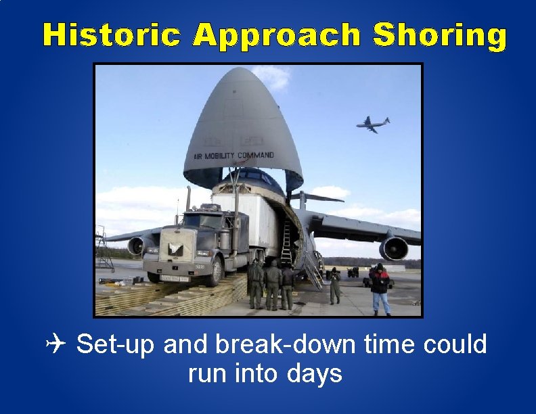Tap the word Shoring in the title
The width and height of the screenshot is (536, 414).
(x=440, y=36)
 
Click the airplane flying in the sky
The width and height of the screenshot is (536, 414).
(x=373, y=124)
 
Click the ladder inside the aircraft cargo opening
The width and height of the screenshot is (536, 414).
(x=286, y=243)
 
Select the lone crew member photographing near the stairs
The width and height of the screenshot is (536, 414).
(x=334, y=285)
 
